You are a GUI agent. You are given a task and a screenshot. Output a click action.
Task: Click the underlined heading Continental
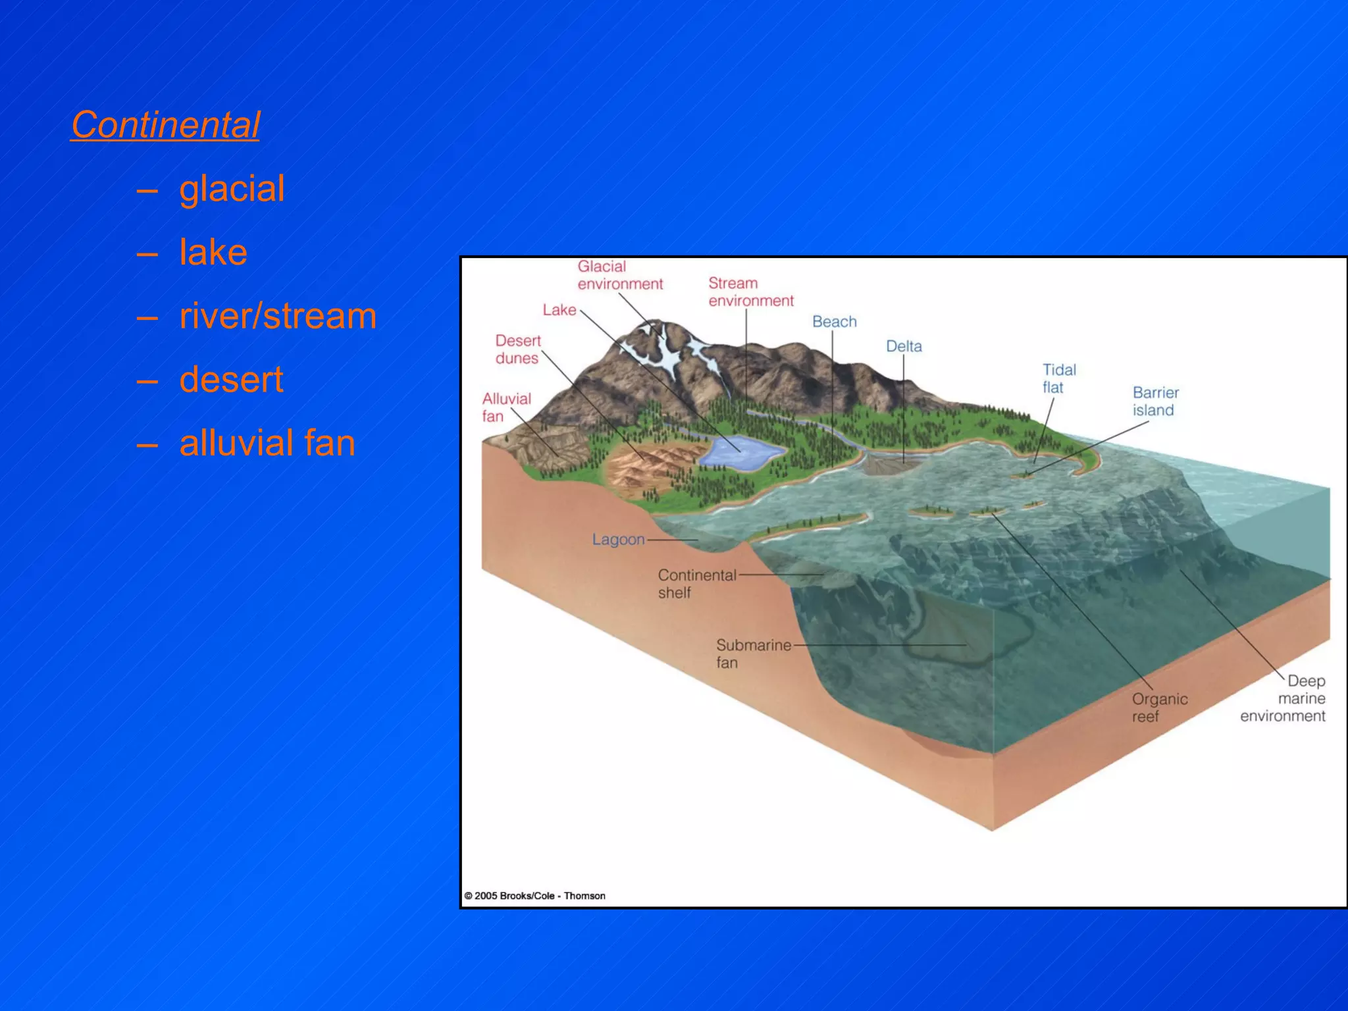pos(165,124)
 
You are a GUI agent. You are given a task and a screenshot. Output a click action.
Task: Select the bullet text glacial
pos(232,188)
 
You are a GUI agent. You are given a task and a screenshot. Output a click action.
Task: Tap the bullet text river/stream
pos(278,316)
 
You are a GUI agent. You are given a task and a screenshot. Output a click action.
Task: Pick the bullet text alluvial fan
pos(267,443)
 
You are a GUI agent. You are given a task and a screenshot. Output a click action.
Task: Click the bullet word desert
pos(231,380)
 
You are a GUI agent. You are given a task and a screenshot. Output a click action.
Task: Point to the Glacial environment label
pos(619,275)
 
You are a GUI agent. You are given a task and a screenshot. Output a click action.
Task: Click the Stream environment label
pos(750,292)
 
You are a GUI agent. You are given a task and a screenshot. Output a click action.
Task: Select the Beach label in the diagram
pos(834,321)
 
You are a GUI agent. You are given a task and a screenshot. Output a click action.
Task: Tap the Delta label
pos(903,346)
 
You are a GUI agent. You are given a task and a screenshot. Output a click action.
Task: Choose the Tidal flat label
pos(1058,378)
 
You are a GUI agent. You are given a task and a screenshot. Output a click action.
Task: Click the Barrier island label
pos(1155,401)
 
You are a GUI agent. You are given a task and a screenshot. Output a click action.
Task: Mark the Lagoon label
pos(618,539)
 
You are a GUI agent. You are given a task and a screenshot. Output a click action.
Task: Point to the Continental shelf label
pos(696,583)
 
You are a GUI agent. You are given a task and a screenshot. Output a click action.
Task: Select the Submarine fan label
pos(753,653)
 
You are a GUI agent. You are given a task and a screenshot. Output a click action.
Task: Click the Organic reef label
pos(1159,707)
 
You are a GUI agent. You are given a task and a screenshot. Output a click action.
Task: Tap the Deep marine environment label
pos(1283,698)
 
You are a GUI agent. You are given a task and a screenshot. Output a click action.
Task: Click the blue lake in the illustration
pos(740,452)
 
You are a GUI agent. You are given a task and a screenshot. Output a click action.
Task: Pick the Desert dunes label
pos(518,349)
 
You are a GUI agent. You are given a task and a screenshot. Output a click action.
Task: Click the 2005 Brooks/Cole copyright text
pos(534,895)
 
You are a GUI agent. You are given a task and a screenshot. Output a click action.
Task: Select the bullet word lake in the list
pos(213,252)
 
